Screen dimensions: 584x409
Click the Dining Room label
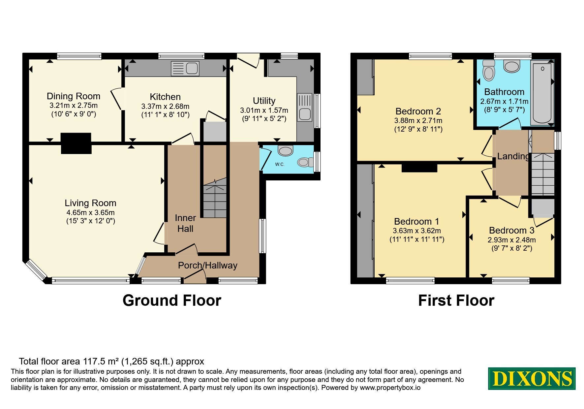coord(74,96)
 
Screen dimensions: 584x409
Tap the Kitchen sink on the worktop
coord(185,68)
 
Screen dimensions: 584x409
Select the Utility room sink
coord(305,107)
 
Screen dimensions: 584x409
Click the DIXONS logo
coord(532,378)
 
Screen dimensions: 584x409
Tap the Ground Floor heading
coord(172,300)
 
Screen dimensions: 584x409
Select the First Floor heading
coord(456,300)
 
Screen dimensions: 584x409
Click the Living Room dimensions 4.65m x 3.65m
coord(90,213)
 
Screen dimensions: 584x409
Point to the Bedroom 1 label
coord(417,221)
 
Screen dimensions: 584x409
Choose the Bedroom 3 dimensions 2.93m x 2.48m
coord(512,240)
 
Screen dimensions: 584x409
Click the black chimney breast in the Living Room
coord(76,143)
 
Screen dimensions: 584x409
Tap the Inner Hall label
coord(185,223)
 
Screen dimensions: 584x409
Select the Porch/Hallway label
coord(208,266)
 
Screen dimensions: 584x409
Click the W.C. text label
coord(280,164)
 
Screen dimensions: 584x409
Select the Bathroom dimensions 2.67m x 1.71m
coord(505,102)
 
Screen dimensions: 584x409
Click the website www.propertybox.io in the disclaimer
coord(390,388)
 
